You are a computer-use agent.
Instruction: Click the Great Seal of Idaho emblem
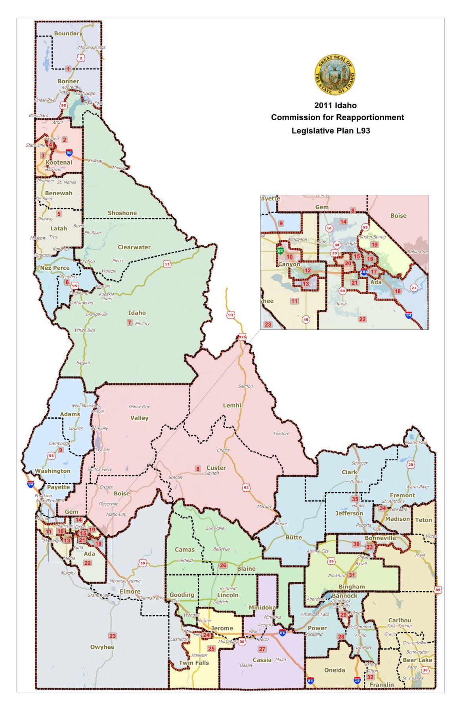(335, 75)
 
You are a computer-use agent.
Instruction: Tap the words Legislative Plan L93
(331, 130)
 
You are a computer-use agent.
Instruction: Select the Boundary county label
(68, 34)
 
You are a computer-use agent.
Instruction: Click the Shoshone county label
(122, 213)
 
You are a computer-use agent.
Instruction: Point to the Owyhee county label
(102, 647)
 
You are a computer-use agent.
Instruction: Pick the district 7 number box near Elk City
(129, 322)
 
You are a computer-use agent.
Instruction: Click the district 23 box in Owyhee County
(113, 636)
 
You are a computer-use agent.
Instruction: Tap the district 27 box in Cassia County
(262, 649)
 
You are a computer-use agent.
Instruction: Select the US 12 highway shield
(167, 264)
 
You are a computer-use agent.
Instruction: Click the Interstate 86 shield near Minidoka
(282, 632)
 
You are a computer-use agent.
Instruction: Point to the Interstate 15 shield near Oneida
(357, 680)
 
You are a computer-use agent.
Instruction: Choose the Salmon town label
(245, 386)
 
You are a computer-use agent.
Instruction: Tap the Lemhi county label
(232, 405)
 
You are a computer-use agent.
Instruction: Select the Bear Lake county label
(417, 660)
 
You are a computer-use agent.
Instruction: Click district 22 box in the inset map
(362, 319)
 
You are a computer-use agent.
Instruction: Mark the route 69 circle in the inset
(342, 291)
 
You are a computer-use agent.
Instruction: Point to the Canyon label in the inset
(289, 264)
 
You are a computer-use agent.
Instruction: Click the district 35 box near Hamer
(355, 499)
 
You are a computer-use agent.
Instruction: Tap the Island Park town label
(416, 442)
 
